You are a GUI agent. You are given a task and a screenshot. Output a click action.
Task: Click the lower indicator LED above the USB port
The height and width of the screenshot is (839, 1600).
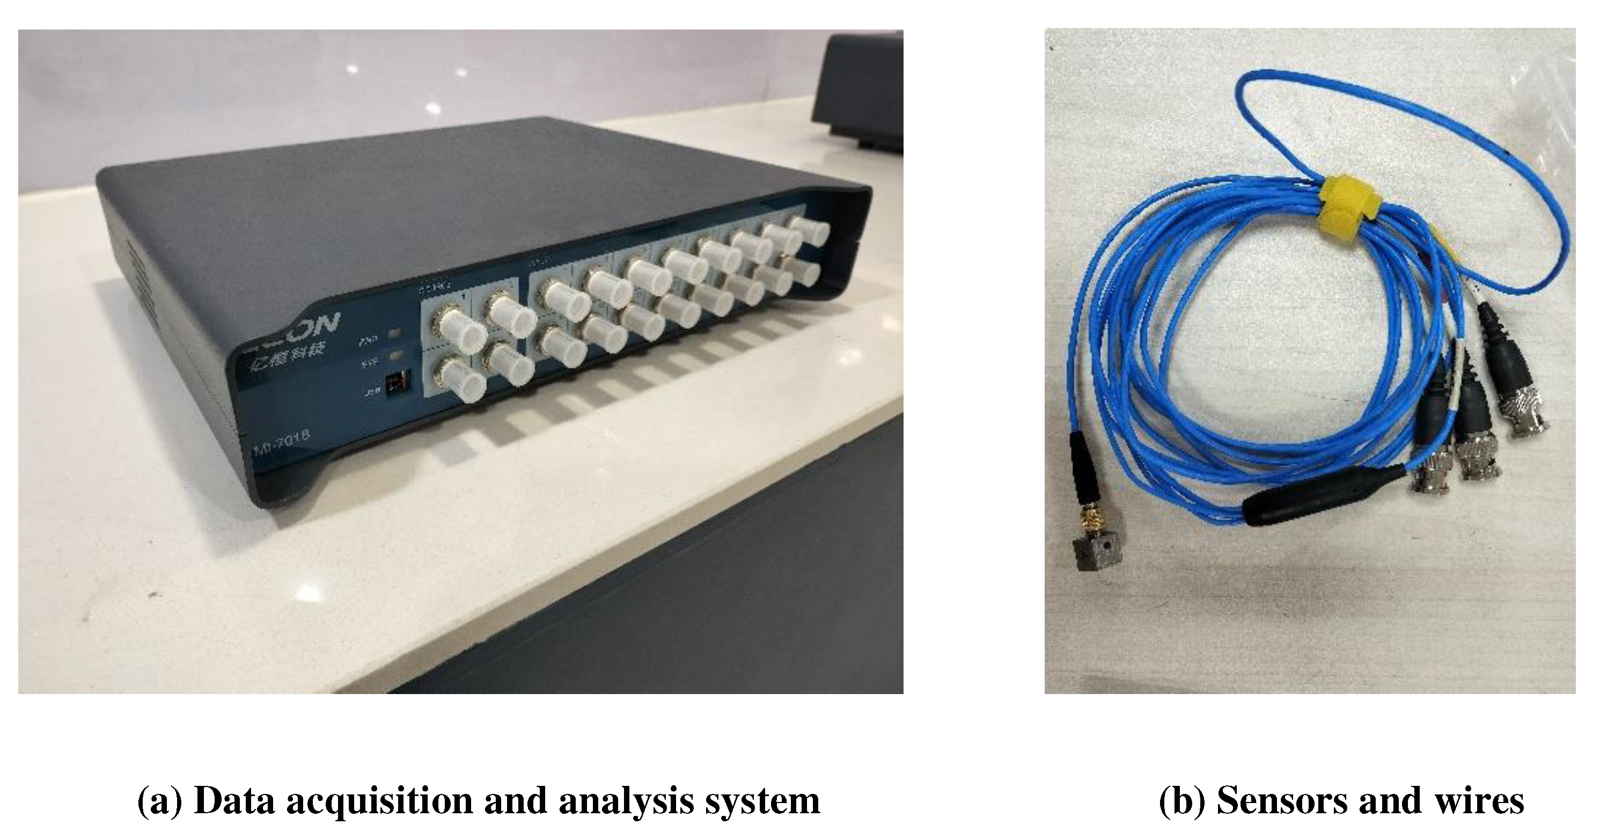(395, 357)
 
